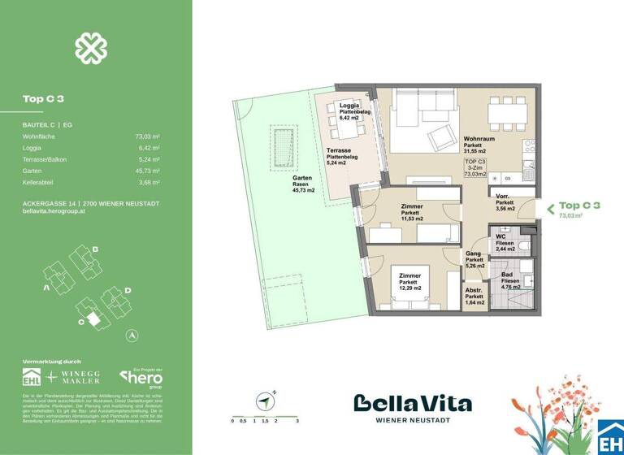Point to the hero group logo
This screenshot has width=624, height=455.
[141, 378]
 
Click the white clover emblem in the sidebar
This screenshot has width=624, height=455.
[91, 48]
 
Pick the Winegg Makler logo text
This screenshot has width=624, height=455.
[83, 378]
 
